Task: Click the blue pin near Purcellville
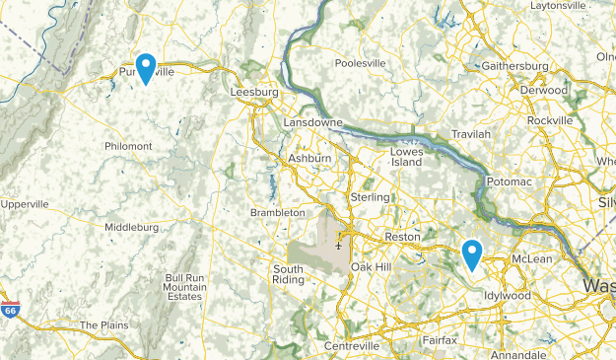(146, 67)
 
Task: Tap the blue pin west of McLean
(472, 254)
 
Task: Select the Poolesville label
(361, 63)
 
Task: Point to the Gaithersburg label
(515, 66)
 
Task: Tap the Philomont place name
(129, 146)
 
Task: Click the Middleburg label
(131, 227)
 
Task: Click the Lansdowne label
(312, 122)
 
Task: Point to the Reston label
(401, 238)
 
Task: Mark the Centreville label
(353, 347)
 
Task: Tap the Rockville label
(549, 120)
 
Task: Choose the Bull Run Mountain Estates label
(184, 287)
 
